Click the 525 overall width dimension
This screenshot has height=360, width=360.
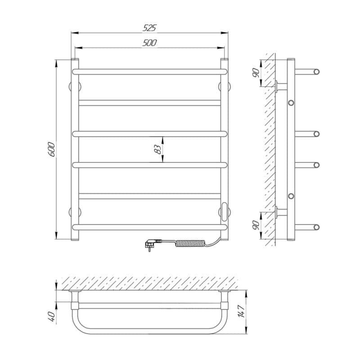(x=150, y=28)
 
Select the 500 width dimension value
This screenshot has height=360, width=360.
(x=150, y=43)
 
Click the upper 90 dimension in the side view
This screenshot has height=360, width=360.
(x=255, y=72)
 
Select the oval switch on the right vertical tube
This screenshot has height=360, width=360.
(x=225, y=209)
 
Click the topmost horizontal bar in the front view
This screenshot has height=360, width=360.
(x=150, y=71)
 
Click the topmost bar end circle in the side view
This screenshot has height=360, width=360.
(x=317, y=72)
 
